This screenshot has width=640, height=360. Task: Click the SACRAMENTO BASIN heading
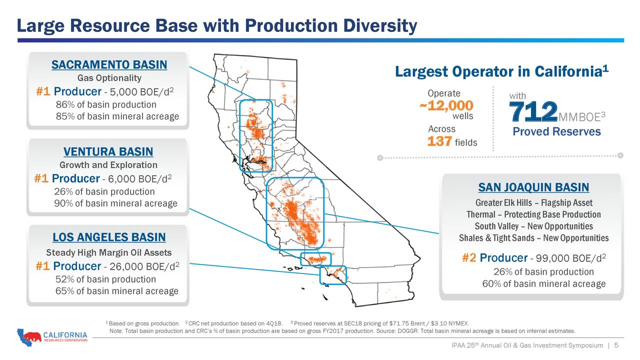pos(109,65)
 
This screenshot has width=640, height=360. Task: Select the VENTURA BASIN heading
pos(108,152)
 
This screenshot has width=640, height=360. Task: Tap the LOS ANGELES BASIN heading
pos(109,237)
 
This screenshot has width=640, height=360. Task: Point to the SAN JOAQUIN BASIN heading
pos(533,187)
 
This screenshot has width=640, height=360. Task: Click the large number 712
pos(533,111)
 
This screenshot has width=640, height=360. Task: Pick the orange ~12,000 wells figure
pos(445,105)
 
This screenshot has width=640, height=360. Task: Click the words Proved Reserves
pos(556,131)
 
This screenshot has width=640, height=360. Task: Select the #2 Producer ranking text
pos(494,258)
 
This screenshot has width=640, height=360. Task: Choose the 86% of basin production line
pos(106,105)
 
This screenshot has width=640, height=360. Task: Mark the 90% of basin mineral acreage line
pos(115,203)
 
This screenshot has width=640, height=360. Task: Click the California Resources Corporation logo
pos(52,337)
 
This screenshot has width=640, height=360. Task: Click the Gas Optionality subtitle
pos(109,78)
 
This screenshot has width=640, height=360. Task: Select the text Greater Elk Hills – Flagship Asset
pos(533,202)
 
